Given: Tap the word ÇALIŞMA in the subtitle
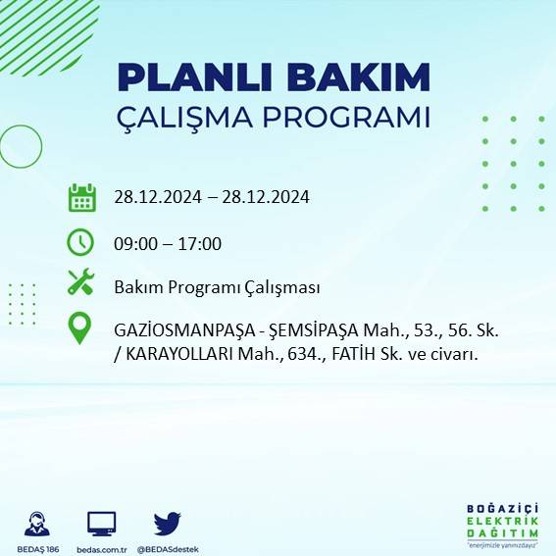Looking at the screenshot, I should (180, 118).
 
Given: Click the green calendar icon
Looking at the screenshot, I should (81, 197).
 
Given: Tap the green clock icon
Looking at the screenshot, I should (80, 241).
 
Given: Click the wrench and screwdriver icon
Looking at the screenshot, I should (80, 283).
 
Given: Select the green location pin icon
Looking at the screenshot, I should (80, 329).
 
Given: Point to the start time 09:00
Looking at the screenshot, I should (134, 244).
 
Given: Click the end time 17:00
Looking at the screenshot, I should (202, 244).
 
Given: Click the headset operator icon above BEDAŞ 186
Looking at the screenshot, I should (38, 523).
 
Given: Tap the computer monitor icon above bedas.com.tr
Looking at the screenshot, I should (102, 523).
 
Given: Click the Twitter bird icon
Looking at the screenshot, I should (168, 523).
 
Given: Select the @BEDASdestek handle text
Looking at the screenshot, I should (168, 549).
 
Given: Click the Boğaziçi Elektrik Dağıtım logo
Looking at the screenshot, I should (502, 525).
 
